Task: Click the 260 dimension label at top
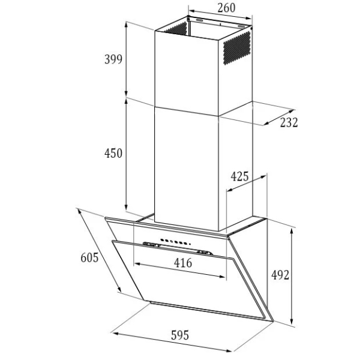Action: (226, 8)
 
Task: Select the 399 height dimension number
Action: (113, 59)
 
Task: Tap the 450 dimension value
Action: (113, 153)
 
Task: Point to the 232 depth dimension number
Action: (289, 122)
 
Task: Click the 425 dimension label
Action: (239, 176)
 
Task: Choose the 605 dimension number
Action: (89, 257)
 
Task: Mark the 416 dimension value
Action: (183, 263)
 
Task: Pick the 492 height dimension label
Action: (280, 275)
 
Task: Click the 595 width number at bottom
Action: (180, 335)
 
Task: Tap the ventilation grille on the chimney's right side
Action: (237, 48)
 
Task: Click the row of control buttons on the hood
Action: (175, 241)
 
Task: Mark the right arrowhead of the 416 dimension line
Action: (222, 277)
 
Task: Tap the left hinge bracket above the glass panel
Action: (152, 245)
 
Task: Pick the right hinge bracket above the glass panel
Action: (205, 253)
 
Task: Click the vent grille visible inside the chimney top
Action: (176, 29)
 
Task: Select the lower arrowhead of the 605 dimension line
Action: (119, 290)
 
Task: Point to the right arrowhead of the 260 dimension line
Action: (249, 18)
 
